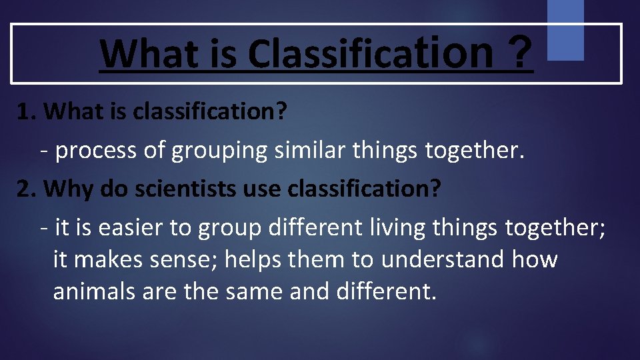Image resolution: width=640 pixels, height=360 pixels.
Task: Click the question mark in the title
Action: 519,52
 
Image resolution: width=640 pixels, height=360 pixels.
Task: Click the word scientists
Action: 176,189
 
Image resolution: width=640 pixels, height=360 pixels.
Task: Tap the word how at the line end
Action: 535,259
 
